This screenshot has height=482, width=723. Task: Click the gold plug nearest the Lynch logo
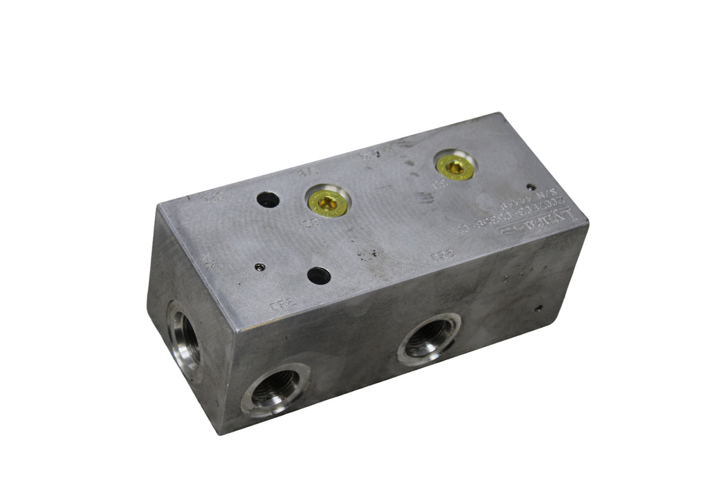pyautogui.click(x=456, y=167)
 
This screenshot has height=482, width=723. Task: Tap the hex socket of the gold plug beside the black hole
pyautogui.click(x=327, y=202)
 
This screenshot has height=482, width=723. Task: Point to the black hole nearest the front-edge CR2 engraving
pyautogui.click(x=317, y=276)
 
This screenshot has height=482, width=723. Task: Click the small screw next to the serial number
pyautogui.click(x=530, y=187)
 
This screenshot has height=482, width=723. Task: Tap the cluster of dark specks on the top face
pyautogui.click(x=369, y=253)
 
